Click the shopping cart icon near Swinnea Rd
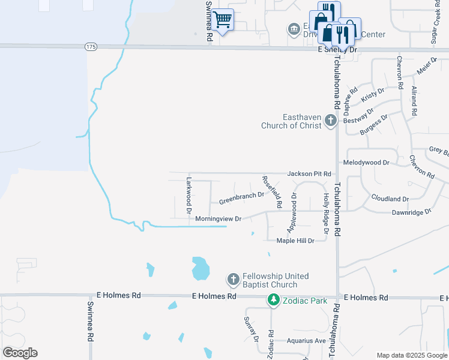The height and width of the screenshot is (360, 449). coord(222,20)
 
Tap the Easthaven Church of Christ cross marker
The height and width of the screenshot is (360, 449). coord(330,121)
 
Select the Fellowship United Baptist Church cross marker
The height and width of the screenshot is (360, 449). coord(234,280)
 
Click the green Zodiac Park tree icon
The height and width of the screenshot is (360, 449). coord(274,298)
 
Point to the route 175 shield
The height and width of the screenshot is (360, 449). coord(91,46)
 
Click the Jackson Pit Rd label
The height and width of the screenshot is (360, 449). coord(309,174)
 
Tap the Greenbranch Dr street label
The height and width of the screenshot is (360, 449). coord(241,196)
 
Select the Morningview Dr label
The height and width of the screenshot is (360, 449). coord(218,219)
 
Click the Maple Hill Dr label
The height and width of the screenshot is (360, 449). coord(295,241)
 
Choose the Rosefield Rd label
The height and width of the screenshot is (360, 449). coord(271,192)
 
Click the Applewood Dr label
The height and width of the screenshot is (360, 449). coord(292,213)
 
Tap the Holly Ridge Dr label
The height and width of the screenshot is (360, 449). coord(327,214)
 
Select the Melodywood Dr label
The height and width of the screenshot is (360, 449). coord(366,163)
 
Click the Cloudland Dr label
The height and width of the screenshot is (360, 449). coord(390,199)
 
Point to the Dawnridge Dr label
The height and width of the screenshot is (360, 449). coord(411,212)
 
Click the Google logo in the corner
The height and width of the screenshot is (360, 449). coord(20,353)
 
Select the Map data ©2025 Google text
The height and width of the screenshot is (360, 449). coord(411,355)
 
